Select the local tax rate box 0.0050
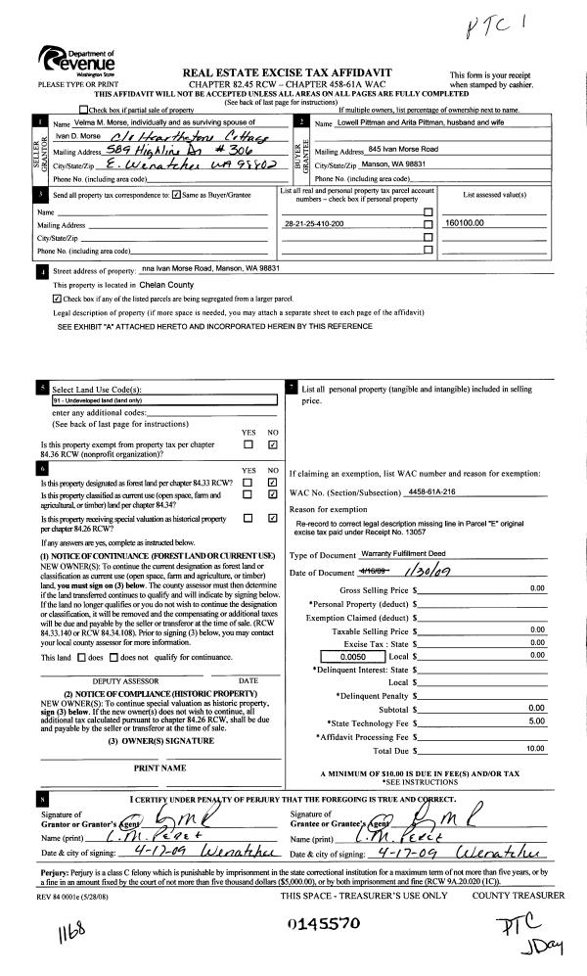(x=346, y=655)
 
